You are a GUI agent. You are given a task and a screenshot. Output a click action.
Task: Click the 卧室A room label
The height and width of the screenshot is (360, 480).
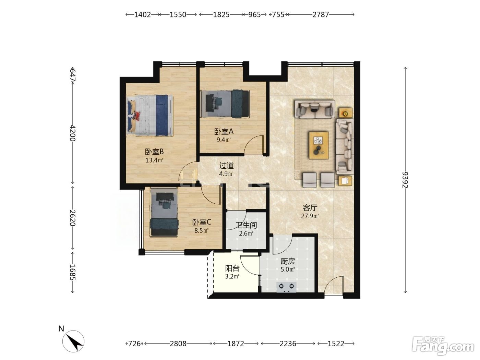[x=224, y=132]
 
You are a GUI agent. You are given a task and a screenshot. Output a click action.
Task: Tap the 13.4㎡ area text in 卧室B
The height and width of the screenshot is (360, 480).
[x=154, y=160]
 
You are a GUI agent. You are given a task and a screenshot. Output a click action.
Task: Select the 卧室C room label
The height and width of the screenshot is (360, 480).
[x=201, y=222]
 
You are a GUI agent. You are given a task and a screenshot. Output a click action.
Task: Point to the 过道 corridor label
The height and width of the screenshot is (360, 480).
[x=226, y=166]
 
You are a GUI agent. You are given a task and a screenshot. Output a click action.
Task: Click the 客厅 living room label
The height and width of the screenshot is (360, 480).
[x=310, y=208]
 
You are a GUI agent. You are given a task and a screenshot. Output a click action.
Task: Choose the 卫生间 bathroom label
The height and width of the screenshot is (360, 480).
[x=246, y=225]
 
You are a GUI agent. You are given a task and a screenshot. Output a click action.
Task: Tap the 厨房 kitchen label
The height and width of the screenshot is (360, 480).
[x=288, y=261]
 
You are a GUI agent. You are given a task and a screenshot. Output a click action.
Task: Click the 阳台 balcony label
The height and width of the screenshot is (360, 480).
[x=232, y=268]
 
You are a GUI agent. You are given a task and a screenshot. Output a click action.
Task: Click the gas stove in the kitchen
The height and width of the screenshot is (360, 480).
[x=287, y=287]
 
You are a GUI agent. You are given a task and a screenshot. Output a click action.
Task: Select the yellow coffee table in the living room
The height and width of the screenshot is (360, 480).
[x=319, y=145]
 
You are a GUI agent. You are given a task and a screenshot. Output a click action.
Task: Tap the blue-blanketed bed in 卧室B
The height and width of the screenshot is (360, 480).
[x=150, y=115]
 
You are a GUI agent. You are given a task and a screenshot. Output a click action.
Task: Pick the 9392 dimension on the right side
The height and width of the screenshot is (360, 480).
[x=405, y=180]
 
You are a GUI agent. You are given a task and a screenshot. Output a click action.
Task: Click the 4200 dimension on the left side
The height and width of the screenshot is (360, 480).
[x=73, y=133]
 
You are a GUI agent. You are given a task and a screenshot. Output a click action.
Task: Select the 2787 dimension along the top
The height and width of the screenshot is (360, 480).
[x=321, y=15]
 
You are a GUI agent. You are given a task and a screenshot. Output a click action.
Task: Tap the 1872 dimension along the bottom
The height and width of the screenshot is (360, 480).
[x=236, y=344]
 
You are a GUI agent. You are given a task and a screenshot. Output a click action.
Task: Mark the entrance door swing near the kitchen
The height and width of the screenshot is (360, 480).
[x=334, y=284]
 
